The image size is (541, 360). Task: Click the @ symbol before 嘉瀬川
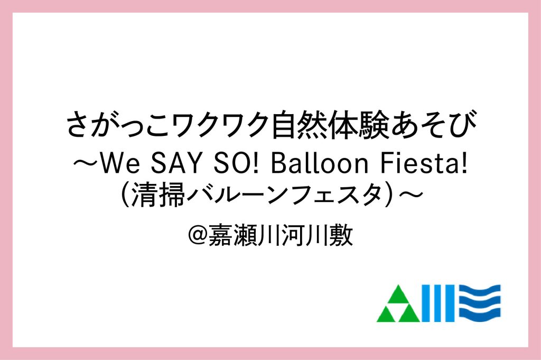click(198, 235)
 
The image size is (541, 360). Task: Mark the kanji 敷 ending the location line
click(341, 235)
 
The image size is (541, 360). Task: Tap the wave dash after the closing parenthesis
click(411, 195)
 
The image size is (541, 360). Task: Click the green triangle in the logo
click(398, 303)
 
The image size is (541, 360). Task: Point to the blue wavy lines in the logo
click(480, 303)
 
